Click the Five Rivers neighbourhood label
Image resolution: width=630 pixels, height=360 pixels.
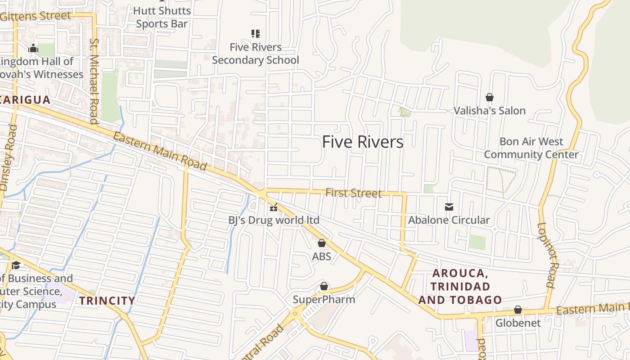(363, 142)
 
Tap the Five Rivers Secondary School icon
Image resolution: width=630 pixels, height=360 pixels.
(256, 33)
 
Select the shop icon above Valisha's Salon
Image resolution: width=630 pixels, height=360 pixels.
(490, 97)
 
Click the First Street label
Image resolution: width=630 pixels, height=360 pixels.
(353, 193)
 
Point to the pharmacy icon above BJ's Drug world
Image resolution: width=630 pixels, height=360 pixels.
(273, 207)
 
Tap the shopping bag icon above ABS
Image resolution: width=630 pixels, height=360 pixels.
(322, 243)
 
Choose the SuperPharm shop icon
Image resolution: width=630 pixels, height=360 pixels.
(324, 287)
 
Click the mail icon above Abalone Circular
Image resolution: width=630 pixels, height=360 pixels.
(449, 207)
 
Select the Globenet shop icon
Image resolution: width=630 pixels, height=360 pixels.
(518, 310)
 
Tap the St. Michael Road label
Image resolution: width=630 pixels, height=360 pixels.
(94, 81)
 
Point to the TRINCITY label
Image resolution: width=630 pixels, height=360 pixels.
(107, 301)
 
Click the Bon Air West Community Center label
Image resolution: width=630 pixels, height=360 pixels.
(531, 148)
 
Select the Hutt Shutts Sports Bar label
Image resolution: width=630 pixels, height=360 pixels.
(162, 17)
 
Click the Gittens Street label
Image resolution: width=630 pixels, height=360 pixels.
(36, 16)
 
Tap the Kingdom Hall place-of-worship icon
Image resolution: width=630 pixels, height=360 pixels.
(33, 49)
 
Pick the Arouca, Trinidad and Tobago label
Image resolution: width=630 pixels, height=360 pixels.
(460, 287)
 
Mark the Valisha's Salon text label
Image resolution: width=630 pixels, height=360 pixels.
(490, 111)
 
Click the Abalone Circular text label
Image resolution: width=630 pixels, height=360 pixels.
(449, 220)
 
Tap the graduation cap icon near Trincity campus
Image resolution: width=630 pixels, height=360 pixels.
(16, 265)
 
